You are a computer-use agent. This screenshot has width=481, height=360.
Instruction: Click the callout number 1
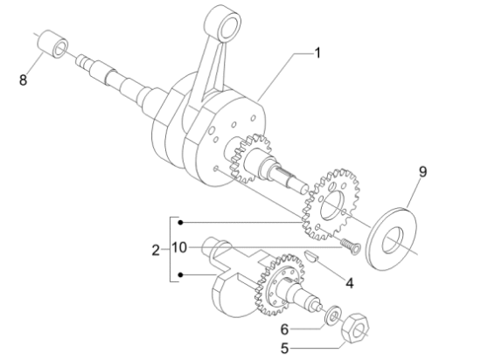point(317,53)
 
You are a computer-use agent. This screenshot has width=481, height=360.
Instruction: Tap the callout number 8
point(23,80)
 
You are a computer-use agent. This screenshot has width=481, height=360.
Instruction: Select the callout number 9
point(422,172)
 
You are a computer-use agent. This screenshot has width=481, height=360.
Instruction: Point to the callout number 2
point(156,250)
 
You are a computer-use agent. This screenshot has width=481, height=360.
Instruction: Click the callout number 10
point(179,247)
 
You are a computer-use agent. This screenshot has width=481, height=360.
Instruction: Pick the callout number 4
point(350,283)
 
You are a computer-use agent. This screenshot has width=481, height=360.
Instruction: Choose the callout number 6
point(284,329)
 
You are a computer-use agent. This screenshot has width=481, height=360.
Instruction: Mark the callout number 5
point(284,349)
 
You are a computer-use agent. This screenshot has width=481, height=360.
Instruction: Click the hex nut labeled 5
point(355,329)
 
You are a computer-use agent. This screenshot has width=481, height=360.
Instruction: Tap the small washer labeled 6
point(332,316)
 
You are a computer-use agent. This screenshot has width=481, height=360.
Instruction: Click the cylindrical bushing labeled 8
point(52,44)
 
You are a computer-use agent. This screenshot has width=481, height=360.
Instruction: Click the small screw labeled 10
point(351,246)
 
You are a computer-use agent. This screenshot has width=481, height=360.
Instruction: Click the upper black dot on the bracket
point(181,223)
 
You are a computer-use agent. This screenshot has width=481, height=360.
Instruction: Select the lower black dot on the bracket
point(181,274)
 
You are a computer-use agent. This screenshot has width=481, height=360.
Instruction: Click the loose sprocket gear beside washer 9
point(331,204)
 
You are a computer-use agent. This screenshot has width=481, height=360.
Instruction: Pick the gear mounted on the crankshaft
point(249,158)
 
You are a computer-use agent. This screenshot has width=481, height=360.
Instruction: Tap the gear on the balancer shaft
point(279,285)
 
